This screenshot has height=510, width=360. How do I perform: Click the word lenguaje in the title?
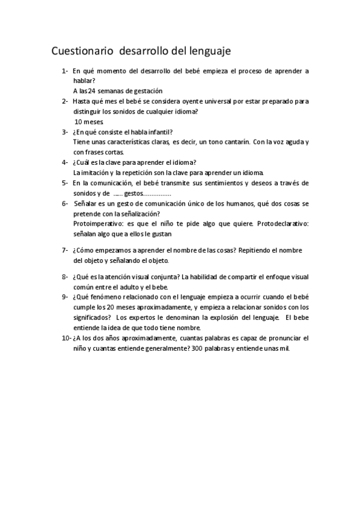[x=205, y=51]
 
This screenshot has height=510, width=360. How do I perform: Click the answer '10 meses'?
[x=90, y=121]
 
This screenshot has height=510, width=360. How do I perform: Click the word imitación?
[x=97, y=173]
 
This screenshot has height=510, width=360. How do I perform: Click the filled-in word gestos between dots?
[x=133, y=193]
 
